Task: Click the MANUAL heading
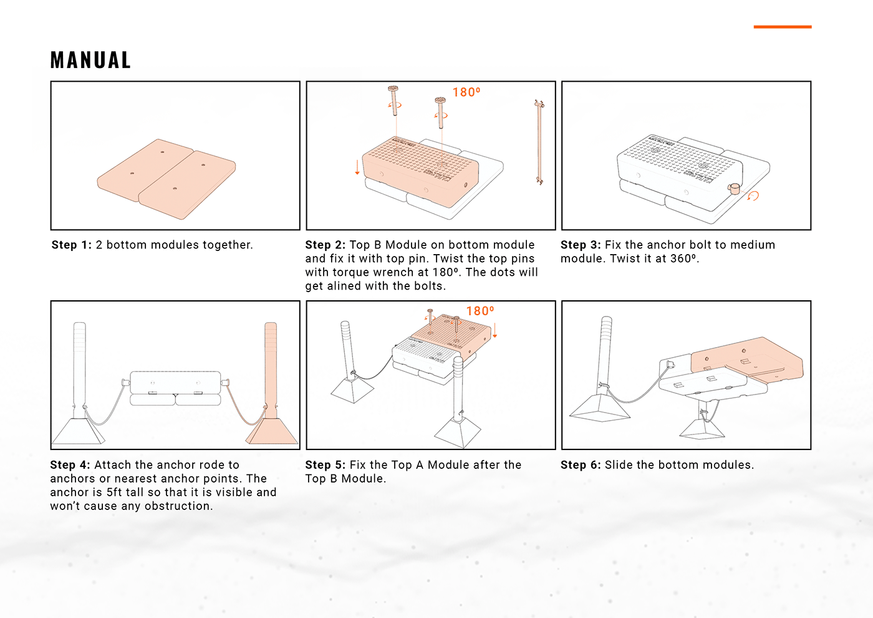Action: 90,60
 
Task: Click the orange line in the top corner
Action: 782,27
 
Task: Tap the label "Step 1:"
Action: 71,245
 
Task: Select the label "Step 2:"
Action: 325,245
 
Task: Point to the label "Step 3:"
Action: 580,245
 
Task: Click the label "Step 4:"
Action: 70,464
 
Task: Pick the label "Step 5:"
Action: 325,464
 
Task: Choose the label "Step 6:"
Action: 580,464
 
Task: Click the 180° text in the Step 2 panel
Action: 466,92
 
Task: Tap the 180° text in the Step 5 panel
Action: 480,311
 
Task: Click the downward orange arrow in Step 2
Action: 357,167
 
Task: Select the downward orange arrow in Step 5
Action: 494,330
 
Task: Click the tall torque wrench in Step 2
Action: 538,142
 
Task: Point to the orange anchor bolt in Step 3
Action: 735,188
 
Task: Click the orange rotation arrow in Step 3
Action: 753,196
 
